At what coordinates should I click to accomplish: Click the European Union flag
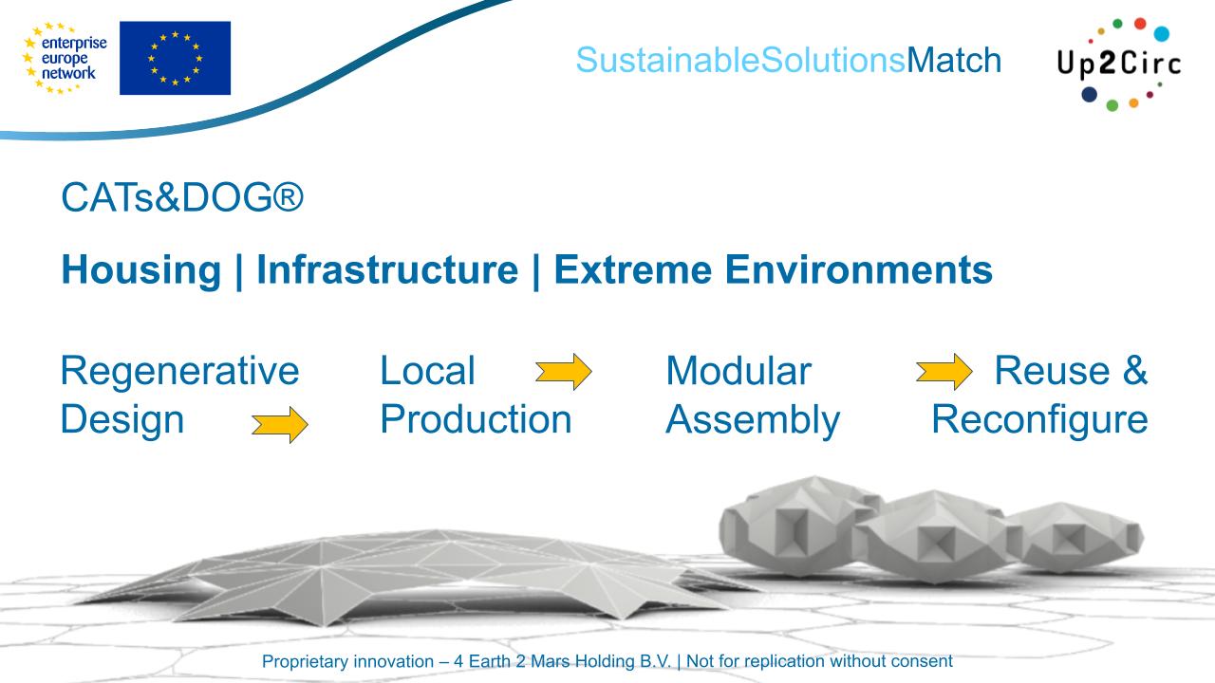pyautogui.click(x=175, y=58)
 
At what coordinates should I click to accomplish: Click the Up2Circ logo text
pyautogui.click(x=1117, y=66)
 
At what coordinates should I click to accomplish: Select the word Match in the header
pyautogui.click(x=954, y=60)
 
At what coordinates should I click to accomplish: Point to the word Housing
pyautogui.click(x=140, y=271)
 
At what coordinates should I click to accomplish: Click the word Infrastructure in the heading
pyautogui.click(x=386, y=271)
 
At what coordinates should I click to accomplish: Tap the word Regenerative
pyautogui.click(x=178, y=371)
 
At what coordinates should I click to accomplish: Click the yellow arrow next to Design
pyautogui.click(x=279, y=426)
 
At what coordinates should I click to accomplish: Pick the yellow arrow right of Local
pyautogui.click(x=563, y=372)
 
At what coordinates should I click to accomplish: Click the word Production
pyautogui.click(x=476, y=418)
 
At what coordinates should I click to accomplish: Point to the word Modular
pyautogui.click(x=738, y=371)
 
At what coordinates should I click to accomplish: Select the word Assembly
pyautogui.click(x=752, y=418)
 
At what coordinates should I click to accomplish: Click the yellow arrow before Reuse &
pyautogui.click(x=944, y=372)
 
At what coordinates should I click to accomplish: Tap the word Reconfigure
pyautogui.click(x=1039, y=418)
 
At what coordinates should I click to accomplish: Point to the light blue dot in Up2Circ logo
pyautogui.click(x=1161, y=34)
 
